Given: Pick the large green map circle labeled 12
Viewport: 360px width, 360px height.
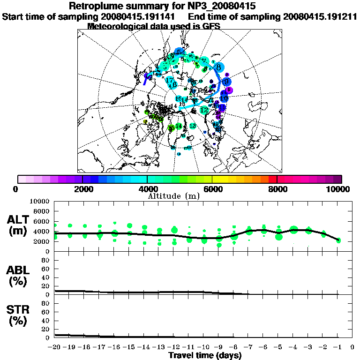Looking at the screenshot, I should (204, 110).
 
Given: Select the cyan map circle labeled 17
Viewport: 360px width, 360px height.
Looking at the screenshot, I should (170, 80).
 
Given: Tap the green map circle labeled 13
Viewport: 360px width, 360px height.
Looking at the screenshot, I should (192, 126).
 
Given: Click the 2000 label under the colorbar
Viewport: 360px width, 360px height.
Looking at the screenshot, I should (82, 189).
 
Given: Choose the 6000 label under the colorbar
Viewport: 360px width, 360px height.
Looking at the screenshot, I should (212, 189).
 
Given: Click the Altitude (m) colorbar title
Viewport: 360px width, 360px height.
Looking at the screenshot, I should (174, 195).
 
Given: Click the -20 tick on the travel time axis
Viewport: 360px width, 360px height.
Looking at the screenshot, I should (55, 347).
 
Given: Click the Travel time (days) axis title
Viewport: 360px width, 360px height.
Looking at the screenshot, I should (205, 356).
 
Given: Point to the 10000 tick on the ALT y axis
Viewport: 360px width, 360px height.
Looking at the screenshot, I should (40, 201).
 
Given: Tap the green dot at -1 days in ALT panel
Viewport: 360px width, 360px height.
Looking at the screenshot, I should (338, 240).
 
